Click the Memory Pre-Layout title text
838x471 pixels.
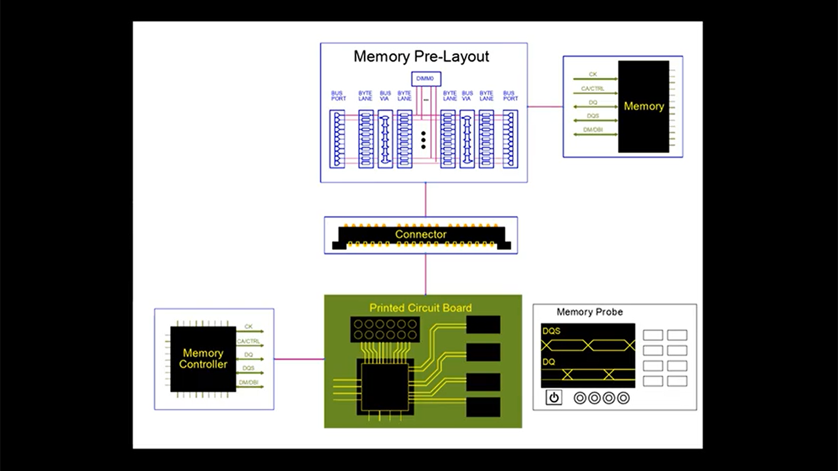click(x=421, y=56)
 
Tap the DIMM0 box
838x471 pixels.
click(x=426, y=78)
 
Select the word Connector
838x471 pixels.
click(x=421, y=234)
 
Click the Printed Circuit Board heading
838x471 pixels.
click(x=420, y=307)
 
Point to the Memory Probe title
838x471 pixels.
click(x=589, y=312)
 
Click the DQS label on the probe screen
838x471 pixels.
click(x=551, y=331)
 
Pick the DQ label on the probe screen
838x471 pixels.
click(x=549, y=361)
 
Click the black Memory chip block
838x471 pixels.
click(x=644, y=107)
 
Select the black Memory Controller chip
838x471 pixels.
click(x=203, y=359)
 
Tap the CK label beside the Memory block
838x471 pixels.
click(x=593, y=75)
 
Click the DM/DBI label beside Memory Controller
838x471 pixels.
click(x=249, y=382)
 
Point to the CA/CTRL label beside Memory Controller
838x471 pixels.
click(x=249, y=341)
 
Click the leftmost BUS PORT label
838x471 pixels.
click(x=338, y=96)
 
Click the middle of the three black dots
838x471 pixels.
click(x=424, y=140)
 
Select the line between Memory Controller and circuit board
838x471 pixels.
click(x=299, y=358)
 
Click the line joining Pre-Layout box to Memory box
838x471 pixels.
click(x=545, y=107)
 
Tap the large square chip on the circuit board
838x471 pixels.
click(x=384, y=386)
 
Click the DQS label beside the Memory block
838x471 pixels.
click(x=593, y=116)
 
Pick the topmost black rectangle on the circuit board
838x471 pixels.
click(x=483, y=325)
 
